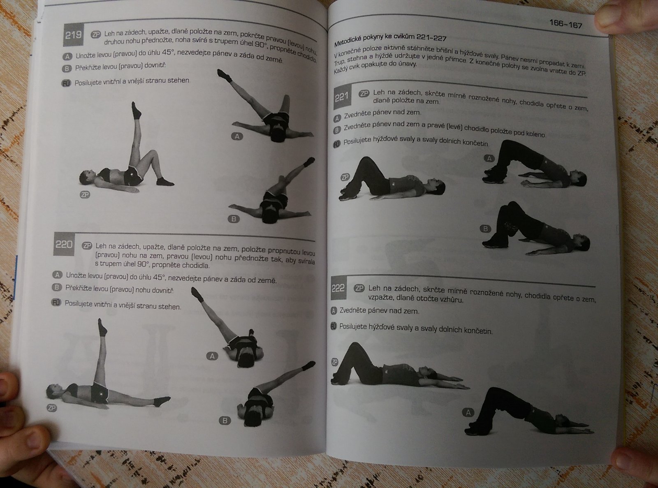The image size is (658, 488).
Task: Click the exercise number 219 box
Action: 73,35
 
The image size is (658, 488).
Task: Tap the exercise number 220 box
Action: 64,244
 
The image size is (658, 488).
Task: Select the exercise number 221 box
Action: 342,97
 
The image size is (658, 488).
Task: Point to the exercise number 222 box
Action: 338,288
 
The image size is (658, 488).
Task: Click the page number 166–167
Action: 566,24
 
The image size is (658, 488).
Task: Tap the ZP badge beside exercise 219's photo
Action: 85,194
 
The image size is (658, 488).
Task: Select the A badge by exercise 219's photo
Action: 237,136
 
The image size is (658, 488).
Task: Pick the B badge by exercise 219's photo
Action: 234,219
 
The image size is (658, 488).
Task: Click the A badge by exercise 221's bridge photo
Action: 489,158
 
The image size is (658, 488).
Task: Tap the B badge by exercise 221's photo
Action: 486,229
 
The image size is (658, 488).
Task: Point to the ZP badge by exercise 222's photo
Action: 334,362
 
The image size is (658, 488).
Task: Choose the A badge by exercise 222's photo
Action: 468,412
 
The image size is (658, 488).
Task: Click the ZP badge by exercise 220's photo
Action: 52,408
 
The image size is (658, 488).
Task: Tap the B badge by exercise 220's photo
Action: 225,420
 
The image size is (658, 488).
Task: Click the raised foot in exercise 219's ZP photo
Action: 136,110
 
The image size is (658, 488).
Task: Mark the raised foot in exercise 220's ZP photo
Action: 102,327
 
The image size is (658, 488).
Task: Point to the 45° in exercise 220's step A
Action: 159,278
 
